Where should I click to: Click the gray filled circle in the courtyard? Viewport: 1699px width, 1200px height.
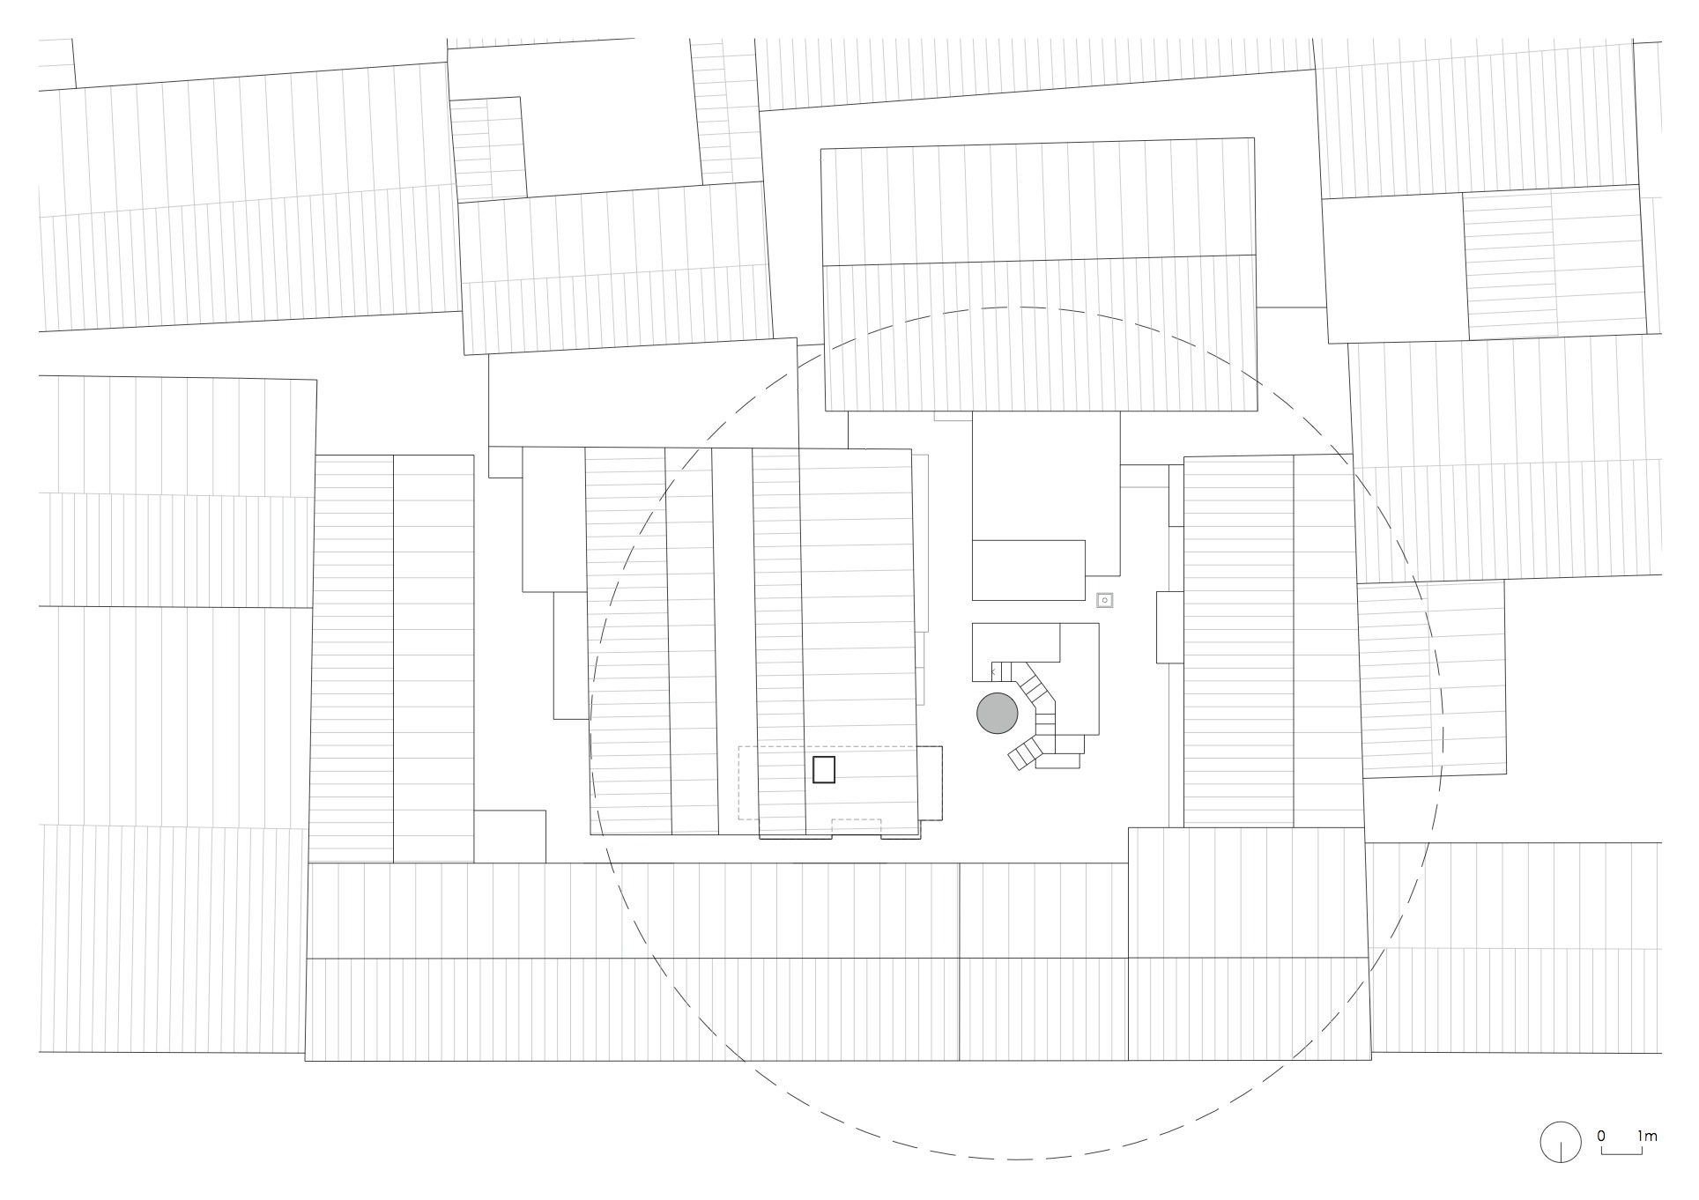(998, 713)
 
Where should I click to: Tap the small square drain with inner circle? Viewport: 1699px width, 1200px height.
(1105, 600)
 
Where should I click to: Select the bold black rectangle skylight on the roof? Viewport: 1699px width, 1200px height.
(823, 769)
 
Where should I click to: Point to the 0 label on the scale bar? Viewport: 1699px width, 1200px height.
(1600, 1136)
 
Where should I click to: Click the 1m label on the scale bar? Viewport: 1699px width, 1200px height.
(1647, 1136)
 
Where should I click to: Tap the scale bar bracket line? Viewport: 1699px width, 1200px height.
(1621, 1149)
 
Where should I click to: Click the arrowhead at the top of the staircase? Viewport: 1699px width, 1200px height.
(993, 672)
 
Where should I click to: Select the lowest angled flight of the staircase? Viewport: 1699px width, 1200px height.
(1026, 753)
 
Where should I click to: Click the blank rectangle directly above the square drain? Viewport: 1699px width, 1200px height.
(1028, 570)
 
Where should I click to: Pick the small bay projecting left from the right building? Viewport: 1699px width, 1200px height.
(1169, 627)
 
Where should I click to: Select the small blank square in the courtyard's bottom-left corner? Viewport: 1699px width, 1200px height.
(509, 836)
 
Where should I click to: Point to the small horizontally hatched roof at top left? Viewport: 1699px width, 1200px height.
(488, 148)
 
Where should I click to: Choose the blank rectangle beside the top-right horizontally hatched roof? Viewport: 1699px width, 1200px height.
(1394, 270)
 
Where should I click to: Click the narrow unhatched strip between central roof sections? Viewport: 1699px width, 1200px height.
(733, 642)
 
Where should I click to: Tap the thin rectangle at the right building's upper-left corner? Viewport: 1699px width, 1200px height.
(1176, 496)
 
